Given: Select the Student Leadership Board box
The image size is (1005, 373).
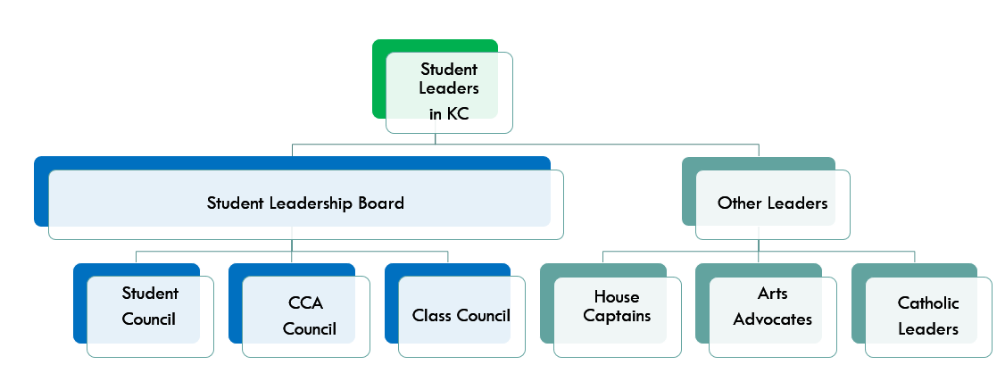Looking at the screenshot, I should pos(305,203).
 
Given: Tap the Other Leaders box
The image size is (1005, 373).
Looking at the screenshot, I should pos(772,203).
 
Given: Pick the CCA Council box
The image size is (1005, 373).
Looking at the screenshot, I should pos(305,316).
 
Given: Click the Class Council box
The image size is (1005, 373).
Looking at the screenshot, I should pos(461,316).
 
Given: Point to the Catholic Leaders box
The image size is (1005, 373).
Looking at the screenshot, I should pos(928,316).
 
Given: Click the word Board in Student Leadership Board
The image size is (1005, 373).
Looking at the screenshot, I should pos(381,203).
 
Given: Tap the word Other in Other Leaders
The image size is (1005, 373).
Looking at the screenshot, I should pos(738,203).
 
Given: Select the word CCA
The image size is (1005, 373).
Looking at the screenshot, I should pos(305,303).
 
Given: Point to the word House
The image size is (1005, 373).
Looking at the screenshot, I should pos(617,296).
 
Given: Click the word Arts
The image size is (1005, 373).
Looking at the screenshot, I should pos(772,294).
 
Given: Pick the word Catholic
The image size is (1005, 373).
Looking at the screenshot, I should pos(928,303).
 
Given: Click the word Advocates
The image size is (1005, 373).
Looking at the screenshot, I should pos(772,319).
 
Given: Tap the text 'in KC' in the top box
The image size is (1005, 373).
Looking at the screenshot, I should pos(448,113).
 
